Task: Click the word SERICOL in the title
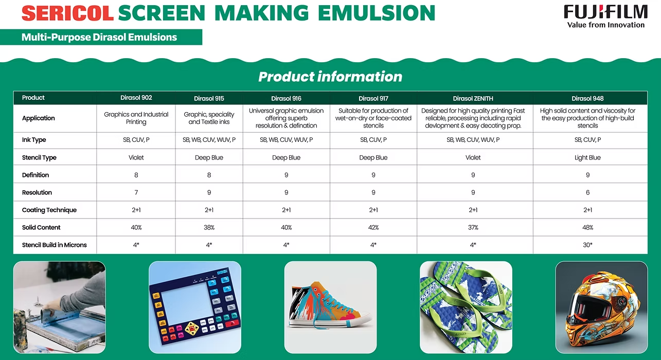tap(67, 13)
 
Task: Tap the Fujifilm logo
tap(605, 16)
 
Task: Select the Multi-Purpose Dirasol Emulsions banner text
tap(99, 37)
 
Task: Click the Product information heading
tap(330, 77)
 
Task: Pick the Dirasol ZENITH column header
tap(473, 99)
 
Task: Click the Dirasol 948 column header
tap(587, 99)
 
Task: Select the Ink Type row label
tap(34, 140)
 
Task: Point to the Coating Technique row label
tap(49, 210)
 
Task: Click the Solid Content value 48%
tap(587, 227)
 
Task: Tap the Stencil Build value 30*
tap(587, 245)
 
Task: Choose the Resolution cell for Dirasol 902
tap(136, 192)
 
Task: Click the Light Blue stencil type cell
tap(587, 157)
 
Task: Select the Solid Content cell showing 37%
tap(473, 227)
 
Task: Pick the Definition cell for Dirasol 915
tap(209, 175)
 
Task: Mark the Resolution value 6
tap(587, 192)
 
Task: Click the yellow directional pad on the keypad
tap(192, 329)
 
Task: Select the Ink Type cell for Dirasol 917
tap(373, 140)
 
